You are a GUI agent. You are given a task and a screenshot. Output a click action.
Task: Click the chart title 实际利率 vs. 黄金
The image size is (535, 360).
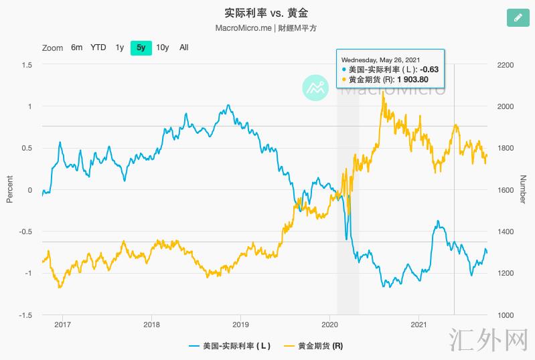266,13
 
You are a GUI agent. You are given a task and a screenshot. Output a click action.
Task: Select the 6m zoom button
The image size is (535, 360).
77,48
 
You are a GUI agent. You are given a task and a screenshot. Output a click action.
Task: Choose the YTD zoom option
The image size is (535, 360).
98,48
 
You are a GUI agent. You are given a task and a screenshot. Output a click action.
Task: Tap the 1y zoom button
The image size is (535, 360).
119,48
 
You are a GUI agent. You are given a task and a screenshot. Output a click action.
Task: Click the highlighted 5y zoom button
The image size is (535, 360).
141,48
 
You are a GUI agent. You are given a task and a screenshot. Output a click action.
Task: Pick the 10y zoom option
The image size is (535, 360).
163,48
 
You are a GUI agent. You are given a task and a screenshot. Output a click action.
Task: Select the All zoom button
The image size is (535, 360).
184,48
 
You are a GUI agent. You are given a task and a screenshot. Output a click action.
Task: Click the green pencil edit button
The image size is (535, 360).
516,18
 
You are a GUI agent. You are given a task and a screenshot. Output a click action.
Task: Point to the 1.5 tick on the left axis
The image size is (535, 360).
27,65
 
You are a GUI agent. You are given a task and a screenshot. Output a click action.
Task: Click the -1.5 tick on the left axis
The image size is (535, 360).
25,315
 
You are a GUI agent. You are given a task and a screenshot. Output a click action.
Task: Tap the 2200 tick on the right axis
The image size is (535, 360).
505,65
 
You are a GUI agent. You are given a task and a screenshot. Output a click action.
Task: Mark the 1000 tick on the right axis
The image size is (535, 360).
505,315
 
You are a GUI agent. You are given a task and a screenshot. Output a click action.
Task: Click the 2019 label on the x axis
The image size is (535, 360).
240,325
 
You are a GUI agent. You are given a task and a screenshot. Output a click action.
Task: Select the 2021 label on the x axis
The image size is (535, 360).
418,325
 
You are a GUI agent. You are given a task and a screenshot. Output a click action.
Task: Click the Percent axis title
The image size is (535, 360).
9,189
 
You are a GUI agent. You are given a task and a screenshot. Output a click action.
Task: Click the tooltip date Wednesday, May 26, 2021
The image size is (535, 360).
380,59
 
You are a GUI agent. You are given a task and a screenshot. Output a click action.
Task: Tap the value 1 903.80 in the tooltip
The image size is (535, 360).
412,79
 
